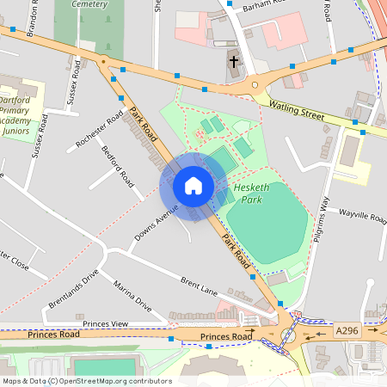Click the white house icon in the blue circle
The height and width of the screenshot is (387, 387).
193,186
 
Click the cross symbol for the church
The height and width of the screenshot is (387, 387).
234,62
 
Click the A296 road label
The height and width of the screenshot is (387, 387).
347,330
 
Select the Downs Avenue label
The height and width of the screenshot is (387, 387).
156,222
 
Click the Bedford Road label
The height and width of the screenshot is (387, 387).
118,167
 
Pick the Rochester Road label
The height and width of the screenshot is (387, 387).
100,130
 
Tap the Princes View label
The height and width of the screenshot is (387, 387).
106,322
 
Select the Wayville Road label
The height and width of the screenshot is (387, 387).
362,214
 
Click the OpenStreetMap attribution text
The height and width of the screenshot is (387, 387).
87,380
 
